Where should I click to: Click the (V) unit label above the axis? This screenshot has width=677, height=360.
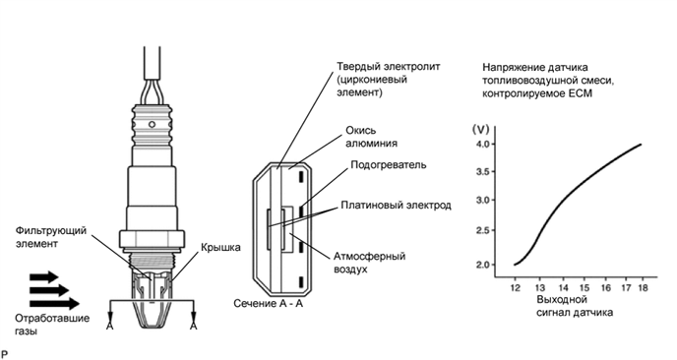(480, 129)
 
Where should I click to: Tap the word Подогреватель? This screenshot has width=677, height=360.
(389, 165)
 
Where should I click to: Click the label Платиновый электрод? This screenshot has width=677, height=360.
(396, 205)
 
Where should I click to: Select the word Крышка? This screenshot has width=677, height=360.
(220, 247)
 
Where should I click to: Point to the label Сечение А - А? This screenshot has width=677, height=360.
(268, 304)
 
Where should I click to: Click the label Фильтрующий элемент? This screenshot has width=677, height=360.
(51, 237)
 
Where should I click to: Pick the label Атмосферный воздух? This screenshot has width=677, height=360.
(369, 263)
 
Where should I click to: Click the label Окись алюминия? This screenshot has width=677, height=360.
(371, 137)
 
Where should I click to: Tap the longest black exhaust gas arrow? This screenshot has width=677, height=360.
(55, 304)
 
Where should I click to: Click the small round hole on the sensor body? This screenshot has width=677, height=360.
(152, 125)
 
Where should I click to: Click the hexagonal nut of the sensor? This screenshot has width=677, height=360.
(152, 238)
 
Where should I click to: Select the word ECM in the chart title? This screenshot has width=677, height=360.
(579, 93)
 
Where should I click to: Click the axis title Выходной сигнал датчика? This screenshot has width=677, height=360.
(575, 306)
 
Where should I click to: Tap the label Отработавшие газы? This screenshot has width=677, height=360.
(52, 325)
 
